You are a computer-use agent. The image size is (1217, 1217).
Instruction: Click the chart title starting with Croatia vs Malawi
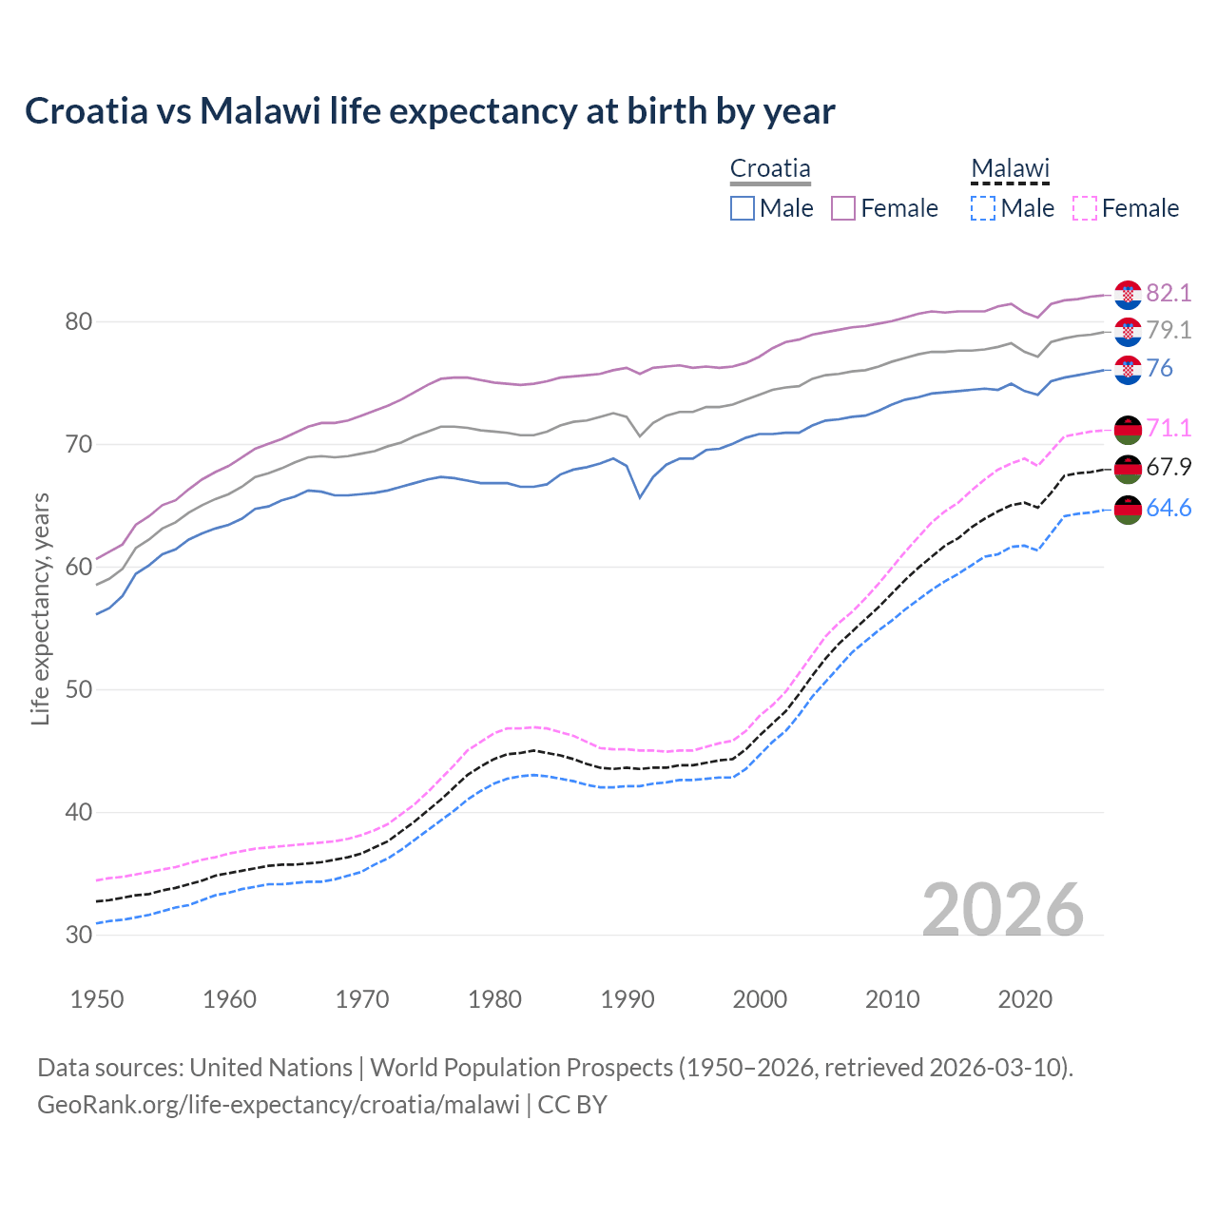coord(430,111)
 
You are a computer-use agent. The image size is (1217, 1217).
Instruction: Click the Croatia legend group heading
coord(770,169)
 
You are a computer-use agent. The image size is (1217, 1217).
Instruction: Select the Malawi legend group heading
coord(1010,169)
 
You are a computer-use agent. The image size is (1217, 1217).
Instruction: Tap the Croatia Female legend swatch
coord(843,208)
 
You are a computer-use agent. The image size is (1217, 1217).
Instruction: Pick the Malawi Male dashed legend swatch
coord(983,208)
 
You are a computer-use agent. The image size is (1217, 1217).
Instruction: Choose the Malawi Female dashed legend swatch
coord(1084,208)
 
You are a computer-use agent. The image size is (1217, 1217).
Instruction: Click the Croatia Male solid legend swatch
coord(743,208)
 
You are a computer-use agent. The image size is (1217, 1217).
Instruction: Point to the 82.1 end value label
coord(1169,294)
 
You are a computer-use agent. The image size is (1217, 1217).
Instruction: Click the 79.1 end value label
coord(1169,331)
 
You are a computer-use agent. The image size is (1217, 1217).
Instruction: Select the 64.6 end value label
coord(1169,509)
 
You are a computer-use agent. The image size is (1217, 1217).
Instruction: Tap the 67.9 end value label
coord(1169,468)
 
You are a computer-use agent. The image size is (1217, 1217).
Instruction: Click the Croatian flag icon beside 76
coord(1128,370)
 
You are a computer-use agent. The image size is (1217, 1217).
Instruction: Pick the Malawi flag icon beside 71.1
coord(1128,430)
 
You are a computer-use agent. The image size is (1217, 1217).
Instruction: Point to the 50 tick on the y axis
coord(79,689)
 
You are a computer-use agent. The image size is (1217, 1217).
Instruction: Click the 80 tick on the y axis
coord(79,322)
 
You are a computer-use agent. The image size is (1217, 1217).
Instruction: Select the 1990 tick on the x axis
coord(628,999)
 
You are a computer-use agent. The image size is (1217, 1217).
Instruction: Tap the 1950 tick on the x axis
coord(98,999)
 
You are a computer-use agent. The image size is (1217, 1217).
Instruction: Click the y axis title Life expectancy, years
coord(41,608)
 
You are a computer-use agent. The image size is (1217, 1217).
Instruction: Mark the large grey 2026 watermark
coord(1003,910)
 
